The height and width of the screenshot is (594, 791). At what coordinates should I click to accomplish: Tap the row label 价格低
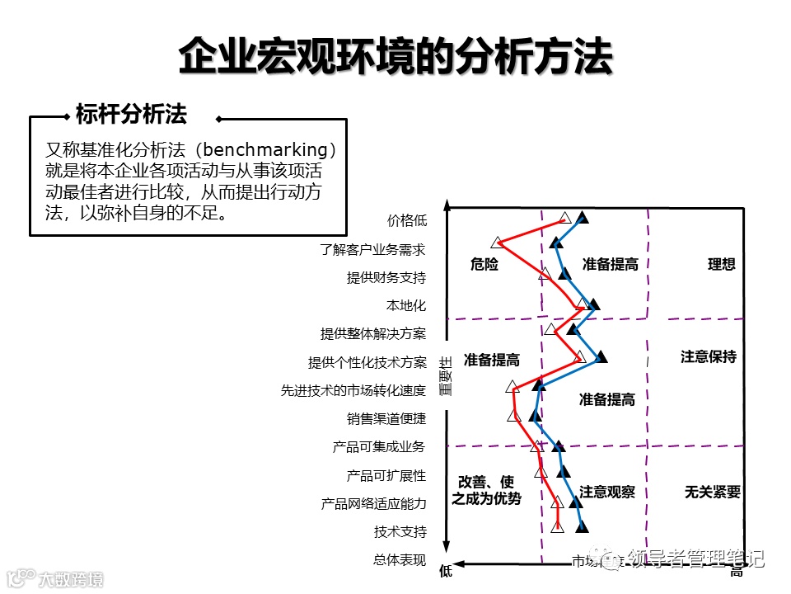tap(407, 220)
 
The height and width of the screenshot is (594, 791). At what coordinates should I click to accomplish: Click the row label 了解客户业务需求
tap(373, 248)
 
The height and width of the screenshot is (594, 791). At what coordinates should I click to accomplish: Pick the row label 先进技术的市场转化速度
tap(353, 390)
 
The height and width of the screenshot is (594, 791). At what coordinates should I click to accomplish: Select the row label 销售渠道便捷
tap(386, 418)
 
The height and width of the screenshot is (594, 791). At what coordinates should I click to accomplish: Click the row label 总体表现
tap(400, 560)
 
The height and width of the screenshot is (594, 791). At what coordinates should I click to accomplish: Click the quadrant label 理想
tap(722, 264)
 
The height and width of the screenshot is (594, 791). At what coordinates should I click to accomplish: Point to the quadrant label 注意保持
tap(709, 356)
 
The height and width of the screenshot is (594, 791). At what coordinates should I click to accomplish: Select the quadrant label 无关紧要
tap(713, 492)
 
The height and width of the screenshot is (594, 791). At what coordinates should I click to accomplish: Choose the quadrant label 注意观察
tap(607, 492)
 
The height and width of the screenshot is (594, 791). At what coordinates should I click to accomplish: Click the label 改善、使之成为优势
tap(486, 490)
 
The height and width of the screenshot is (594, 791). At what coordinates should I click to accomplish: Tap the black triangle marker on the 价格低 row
tap(583, 218)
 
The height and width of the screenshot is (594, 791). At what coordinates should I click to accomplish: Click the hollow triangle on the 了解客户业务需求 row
tap(497, 243)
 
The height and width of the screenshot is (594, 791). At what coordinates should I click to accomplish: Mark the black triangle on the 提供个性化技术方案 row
tap(601, 356)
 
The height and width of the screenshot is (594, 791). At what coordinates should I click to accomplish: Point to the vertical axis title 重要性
tap(446, 376)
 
